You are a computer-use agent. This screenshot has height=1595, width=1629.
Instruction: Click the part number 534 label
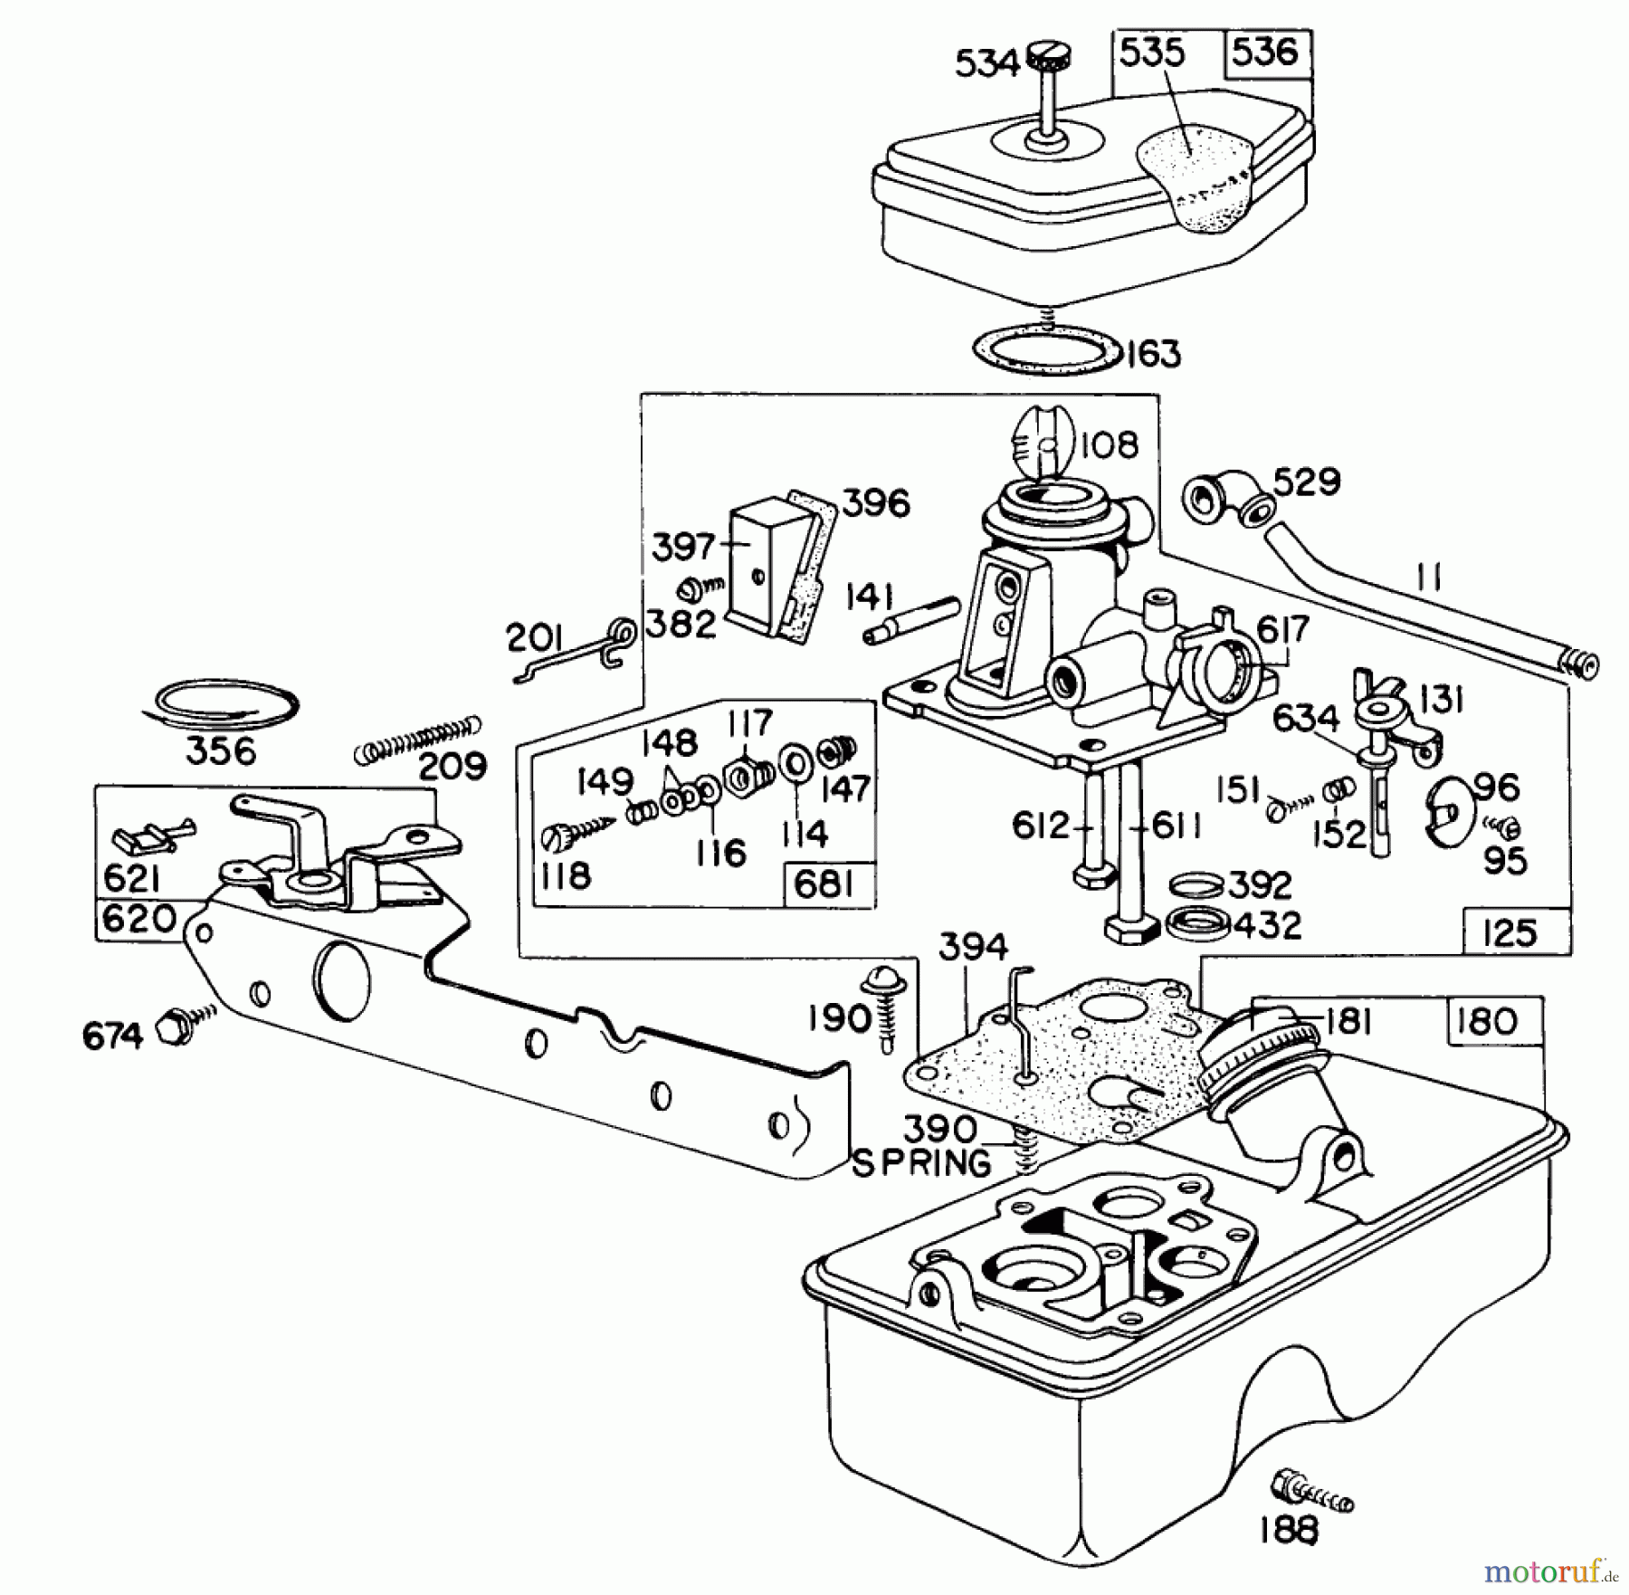(x=986, y=64)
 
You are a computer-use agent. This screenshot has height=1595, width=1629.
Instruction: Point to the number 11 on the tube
(x=1429, y=577)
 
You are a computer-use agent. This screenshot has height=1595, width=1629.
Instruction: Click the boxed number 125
(x=1510, y=932)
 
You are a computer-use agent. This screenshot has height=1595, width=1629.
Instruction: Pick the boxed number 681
(x=824, y=883)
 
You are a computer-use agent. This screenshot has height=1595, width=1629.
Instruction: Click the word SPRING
(x=921, y=1164)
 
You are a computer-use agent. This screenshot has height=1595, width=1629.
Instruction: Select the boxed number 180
(x=1487, y=1021)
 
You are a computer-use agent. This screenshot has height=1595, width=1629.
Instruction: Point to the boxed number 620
(x=138, y=920)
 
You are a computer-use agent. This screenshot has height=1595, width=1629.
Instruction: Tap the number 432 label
(x=1266, y=925)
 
